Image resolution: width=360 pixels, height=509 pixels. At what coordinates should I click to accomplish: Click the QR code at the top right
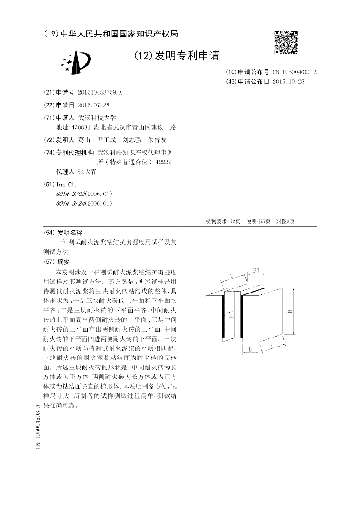coord(286,43)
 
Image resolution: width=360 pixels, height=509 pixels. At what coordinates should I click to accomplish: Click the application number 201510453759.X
coord(100,92)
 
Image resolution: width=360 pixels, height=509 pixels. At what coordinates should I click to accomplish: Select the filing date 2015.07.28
coord(94,104)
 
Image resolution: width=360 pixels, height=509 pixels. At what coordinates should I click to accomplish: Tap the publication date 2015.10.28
coord(289,81)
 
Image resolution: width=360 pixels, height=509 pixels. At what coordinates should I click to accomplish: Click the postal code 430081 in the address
coord(81,127)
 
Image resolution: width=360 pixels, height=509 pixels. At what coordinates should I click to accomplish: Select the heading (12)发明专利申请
coord(176,56)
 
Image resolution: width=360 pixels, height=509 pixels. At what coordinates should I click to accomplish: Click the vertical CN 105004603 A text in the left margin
coord(38,426)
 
